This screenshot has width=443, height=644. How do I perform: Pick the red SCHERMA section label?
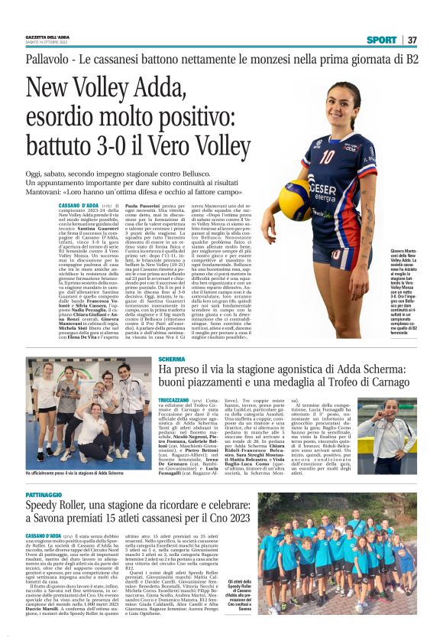(x=172, y=359)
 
